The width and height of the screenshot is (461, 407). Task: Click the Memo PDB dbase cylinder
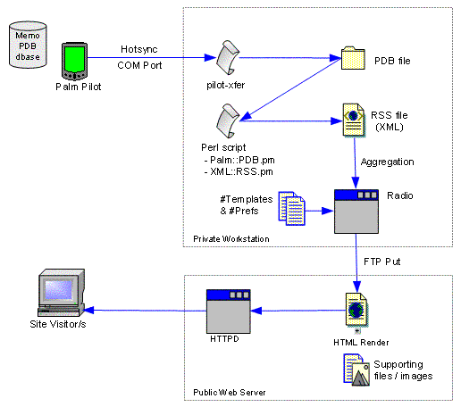click(28, 45)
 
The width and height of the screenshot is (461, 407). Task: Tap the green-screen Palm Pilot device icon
click(74, 62)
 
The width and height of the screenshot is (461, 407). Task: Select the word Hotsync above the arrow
click(139, 49)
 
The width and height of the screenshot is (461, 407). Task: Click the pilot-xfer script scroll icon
click(228, 57)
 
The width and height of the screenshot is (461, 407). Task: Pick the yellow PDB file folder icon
click(353, 58)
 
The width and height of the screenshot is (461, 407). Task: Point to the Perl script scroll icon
click(228, 120)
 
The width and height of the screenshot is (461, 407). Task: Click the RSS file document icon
click(354, 120)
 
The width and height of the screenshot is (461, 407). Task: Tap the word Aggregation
click(387, 162)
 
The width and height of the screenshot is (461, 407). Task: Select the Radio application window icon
click(356, 212)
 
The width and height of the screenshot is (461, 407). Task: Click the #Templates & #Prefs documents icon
click(292, 208)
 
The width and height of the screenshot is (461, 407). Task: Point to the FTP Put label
click(382, 262)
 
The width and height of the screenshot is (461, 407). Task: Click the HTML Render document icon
click(356, 310)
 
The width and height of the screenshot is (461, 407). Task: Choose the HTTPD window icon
click(229, 311)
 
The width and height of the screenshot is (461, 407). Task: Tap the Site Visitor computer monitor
click(62, 293)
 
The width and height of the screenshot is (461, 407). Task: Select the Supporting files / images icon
click(356, 370)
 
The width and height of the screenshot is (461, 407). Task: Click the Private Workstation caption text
click(231, 239)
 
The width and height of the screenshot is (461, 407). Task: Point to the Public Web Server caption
click(230, 393)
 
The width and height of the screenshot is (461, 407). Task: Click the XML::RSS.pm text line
click(239, 171)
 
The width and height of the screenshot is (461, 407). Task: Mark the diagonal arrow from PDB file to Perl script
click(290, 89)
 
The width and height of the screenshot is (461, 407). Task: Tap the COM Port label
click(139, 65)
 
